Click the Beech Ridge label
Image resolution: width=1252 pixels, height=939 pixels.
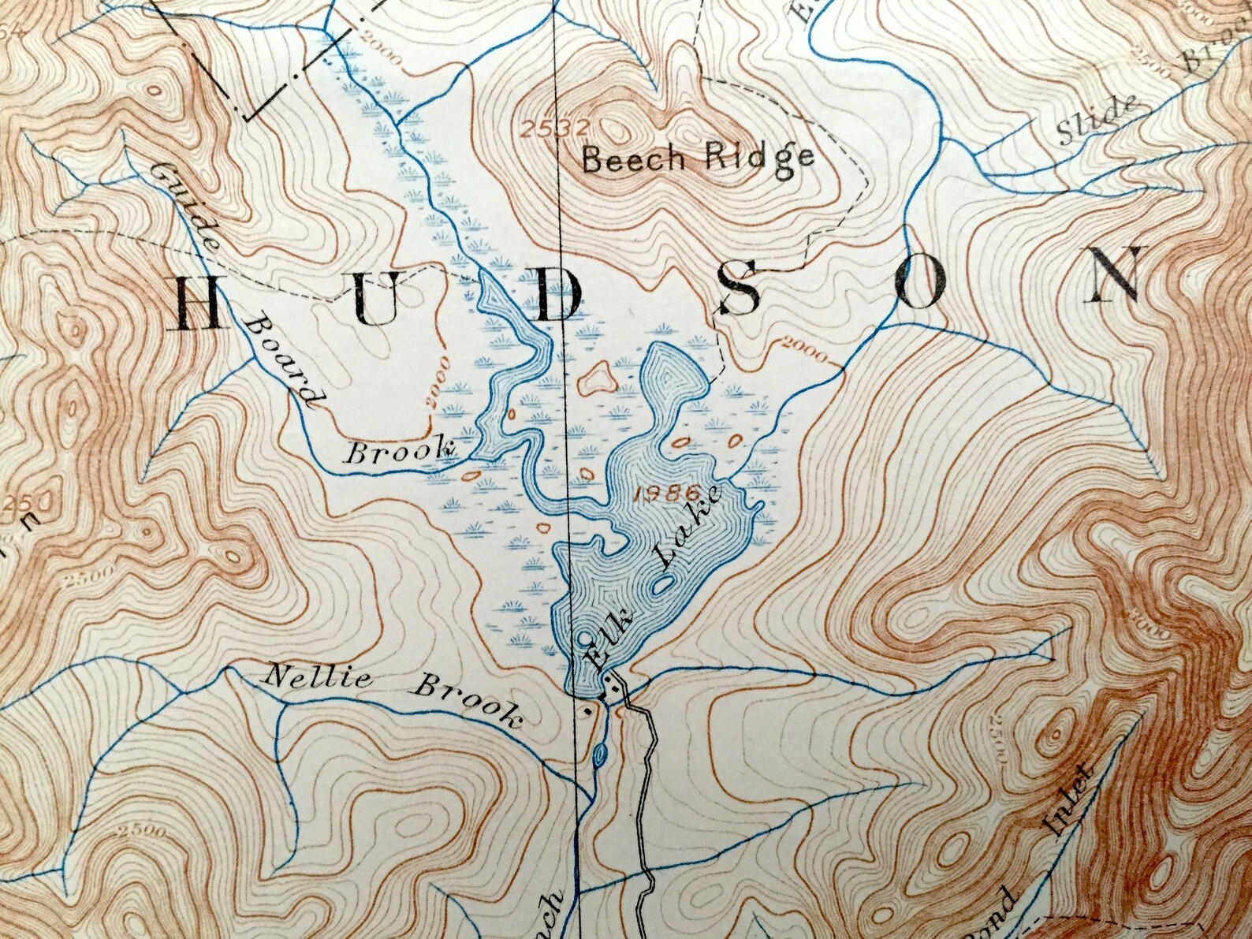pos(698,159)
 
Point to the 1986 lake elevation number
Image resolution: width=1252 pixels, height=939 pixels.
pos(667,494)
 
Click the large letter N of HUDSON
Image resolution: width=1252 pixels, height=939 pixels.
pos(1112,275)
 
